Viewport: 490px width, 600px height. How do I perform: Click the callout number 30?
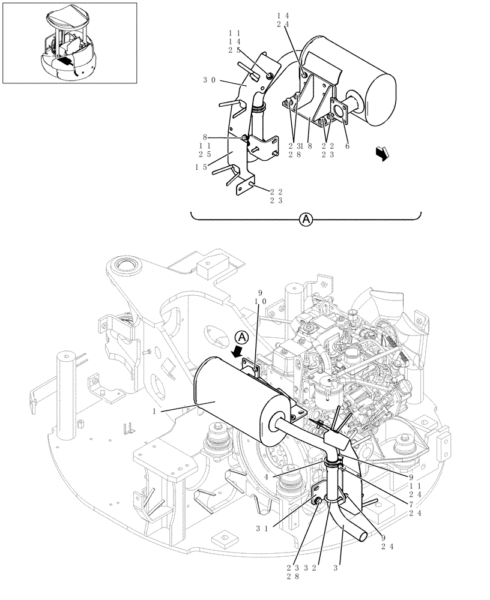(x=209, y=79)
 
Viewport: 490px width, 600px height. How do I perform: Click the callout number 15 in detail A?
(x=201, y=167)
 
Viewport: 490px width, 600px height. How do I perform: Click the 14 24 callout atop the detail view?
(x=284, y=19)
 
